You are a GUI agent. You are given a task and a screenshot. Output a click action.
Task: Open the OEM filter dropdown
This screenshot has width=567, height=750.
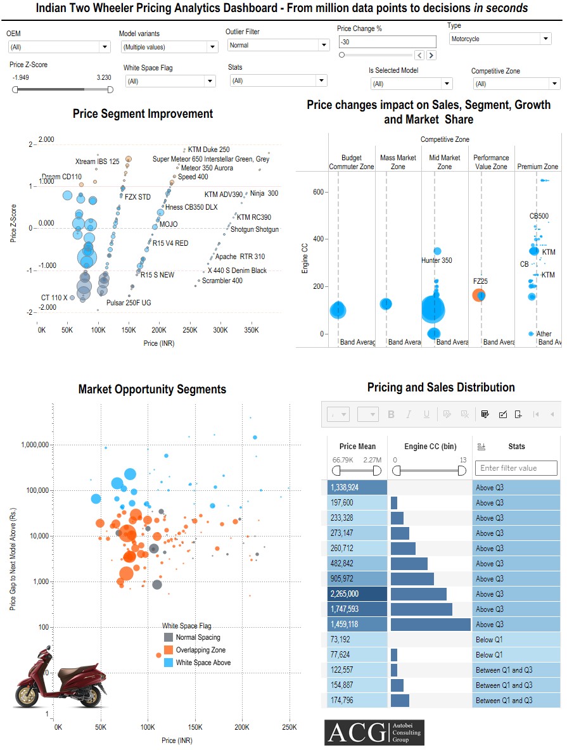pyautogui.click(x=59, y=47)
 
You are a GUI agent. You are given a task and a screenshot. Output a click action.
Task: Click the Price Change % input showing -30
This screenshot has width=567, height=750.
pyautogui.click(x=387, y=42)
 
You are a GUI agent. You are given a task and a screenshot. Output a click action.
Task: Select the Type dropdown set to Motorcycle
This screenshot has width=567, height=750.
pyautogui.click(x=500, y=39)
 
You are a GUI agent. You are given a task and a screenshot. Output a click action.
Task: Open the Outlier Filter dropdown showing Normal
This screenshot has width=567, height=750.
pyautogui.click(x=278, y=45)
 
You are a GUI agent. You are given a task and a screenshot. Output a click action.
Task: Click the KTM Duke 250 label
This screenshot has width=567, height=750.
pyautogui.click(x=208, y=149)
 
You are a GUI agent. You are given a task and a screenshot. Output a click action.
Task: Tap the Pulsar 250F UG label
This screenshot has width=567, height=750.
pyautogui.click(x=129, y=303)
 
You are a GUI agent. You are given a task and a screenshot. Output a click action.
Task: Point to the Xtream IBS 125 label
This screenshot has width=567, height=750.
pyautogui.click(x=97, y=162)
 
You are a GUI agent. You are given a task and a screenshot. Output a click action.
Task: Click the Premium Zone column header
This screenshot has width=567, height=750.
pyautogui.click(x=537, y=167)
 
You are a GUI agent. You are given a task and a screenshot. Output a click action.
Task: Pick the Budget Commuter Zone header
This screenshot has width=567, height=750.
pyautogui.click(x=352, y=162)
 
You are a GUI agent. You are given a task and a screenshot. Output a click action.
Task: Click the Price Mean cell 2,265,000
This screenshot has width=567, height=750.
pyautogui.click(x=357, y=594)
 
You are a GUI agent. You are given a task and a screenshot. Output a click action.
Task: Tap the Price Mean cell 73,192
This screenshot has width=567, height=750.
pyautogui.click(x=357, y=640)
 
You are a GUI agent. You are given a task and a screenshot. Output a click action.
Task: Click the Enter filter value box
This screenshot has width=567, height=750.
pyautogui.click(x=516, y=468)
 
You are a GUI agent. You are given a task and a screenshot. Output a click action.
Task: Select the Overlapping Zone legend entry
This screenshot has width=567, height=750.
pyautogui.click(x=200, y=650)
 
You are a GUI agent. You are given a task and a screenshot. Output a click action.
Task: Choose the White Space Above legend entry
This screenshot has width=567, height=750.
pyautogui.click(x=203, y=663)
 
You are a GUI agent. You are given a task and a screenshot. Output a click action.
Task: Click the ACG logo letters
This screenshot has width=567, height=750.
pyautogui.click(x=355, y=732)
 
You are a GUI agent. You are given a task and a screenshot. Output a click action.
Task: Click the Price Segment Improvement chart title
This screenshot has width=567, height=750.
pyautogui.click(x=143, y=114)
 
